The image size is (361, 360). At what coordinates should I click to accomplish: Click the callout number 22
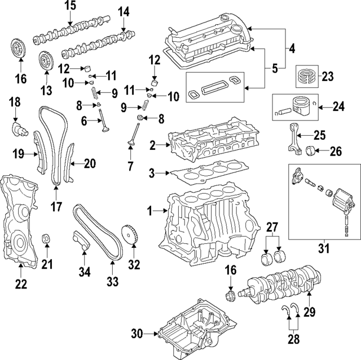20,284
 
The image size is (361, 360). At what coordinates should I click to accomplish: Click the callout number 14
123,11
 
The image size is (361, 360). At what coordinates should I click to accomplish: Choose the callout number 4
291,50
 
